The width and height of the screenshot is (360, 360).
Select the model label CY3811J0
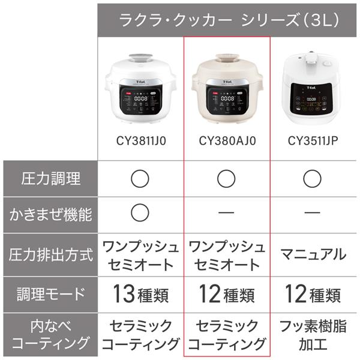[140, 142]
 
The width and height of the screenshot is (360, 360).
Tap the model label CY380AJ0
[227, 142]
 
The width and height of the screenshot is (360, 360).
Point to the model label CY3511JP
[313, 142]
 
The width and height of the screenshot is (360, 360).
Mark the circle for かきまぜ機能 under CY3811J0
[140, 212]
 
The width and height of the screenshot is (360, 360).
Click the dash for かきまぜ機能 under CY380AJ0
[227, 213]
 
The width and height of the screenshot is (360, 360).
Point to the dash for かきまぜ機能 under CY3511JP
[313, 213]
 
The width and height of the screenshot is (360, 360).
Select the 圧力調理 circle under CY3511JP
[313, 178]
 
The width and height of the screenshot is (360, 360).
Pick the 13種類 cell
[140, 294]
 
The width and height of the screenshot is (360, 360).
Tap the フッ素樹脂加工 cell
[313, 335]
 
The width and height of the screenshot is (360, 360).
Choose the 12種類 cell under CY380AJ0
[227, 294]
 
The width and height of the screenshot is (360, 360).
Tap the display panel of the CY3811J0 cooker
[140, 98]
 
